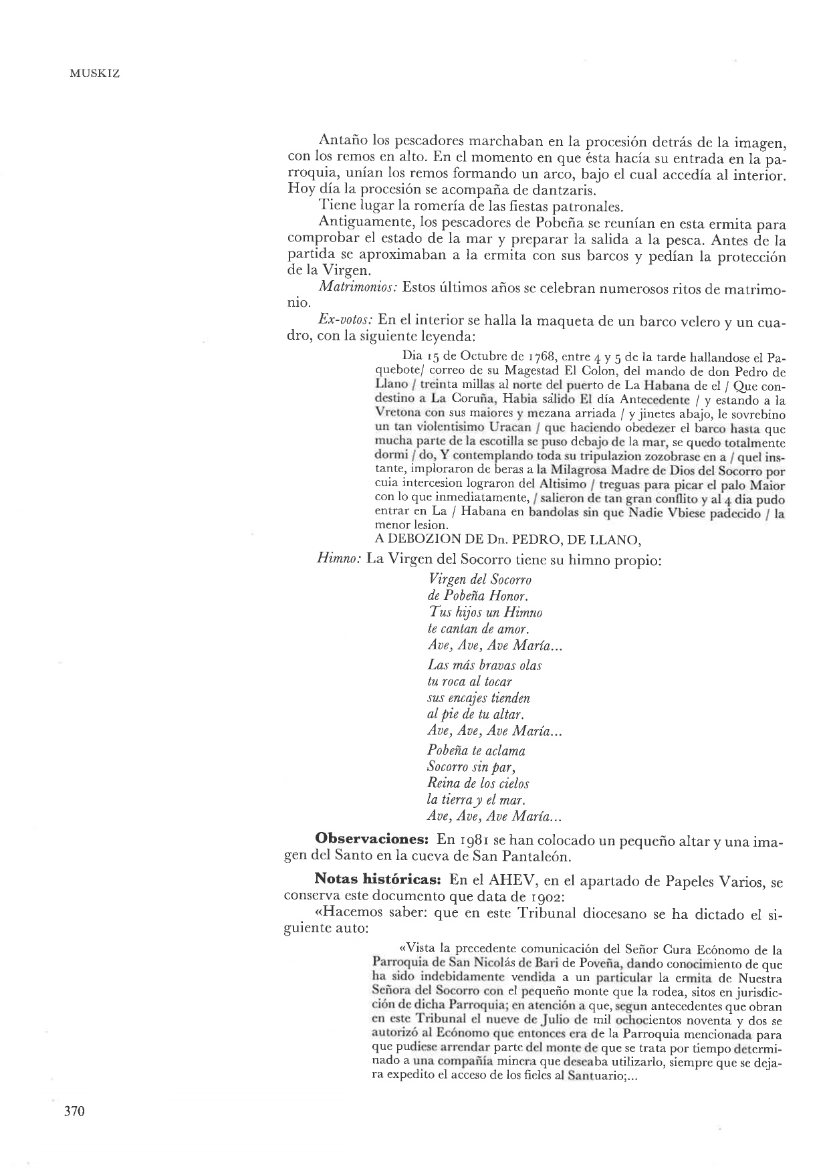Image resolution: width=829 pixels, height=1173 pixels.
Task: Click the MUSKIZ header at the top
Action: (x=94, y=74)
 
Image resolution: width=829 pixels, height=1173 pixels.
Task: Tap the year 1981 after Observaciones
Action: (x=475, y=839)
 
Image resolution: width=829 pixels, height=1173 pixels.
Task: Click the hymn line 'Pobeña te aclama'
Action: (x=476, y=750)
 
